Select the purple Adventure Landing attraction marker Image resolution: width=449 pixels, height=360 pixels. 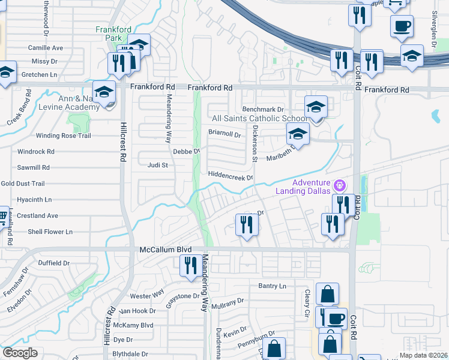click(x=340, y=184)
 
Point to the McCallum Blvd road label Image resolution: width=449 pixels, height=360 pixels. click(x=165, y=249)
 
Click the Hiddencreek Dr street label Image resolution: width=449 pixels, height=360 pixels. click(x=231, y=177)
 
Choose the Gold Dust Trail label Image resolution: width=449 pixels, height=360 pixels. click(x=23, y=184)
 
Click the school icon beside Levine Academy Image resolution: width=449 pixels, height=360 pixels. click(x=104, y=92)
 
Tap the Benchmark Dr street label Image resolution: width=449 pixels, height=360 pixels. click(x=262, y=110)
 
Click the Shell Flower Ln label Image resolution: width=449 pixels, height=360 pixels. click(x=50, y=232)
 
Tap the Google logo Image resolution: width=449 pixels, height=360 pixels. click(x=20, y=352)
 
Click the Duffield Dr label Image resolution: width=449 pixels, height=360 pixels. click(x=54, y=263)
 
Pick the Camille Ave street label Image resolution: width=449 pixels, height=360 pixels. click(x=46, y=47)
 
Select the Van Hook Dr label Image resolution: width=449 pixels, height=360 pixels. click(x=137, y=311)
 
